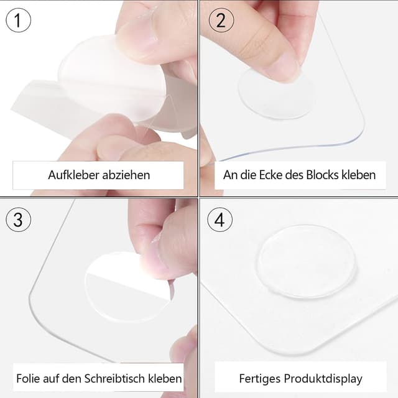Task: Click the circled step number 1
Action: click(x=18, y=20)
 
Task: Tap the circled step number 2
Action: click(x=220, y=20)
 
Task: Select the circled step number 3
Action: click(x=18, y=220)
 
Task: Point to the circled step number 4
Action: click(x=220, y=220)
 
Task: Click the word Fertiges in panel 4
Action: click(x=260, y=378)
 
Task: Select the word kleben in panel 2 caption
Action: click(x=359, y=175)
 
